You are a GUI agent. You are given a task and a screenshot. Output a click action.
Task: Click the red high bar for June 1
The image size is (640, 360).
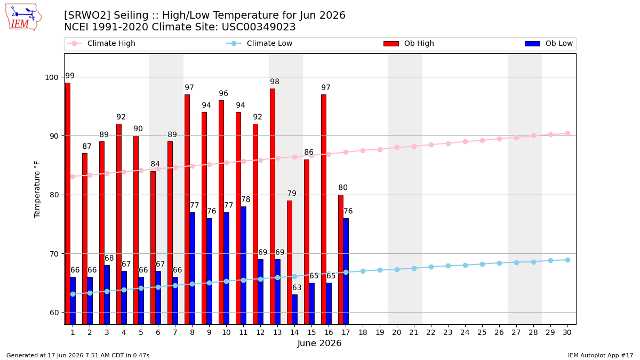(68, 204)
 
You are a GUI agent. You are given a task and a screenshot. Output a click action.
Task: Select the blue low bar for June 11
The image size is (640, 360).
(243, 266)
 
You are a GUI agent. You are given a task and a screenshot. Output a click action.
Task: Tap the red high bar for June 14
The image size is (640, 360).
(290, 262)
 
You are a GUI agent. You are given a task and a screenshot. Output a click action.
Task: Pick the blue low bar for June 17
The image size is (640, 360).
(346, 271)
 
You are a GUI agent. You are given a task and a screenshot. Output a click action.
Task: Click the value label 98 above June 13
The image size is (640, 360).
(275, 82)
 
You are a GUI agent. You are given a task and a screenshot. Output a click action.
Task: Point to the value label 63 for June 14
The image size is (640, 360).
(297, 287)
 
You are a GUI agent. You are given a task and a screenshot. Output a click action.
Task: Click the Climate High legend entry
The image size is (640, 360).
(101, 43)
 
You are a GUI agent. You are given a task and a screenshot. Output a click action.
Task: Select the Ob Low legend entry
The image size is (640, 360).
(549, 43)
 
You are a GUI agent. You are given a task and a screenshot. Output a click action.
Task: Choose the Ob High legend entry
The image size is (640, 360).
(409, 43)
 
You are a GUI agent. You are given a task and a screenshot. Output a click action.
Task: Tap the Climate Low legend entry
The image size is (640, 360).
(259, 43)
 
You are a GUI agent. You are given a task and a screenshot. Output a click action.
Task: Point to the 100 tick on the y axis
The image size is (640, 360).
(51, 77)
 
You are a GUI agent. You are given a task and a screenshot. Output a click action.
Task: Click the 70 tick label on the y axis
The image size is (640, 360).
(54, 254)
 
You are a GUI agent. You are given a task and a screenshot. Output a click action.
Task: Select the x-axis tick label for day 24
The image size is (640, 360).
(465, 333)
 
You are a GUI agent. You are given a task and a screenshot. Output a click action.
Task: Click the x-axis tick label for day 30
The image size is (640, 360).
(567, 333)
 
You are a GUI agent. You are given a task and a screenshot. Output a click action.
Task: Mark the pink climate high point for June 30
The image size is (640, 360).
(567, 134)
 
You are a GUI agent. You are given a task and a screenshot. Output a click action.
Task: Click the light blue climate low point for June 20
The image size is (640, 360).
(397, 269)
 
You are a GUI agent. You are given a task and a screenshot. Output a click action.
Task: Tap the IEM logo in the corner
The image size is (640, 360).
(23, 18)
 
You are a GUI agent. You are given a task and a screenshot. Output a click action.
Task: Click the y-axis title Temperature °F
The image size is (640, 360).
(37, 189)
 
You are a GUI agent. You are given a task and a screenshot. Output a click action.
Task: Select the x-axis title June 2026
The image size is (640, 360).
(319, 343)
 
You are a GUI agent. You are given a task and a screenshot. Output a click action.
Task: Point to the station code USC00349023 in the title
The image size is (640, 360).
(259, 27)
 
